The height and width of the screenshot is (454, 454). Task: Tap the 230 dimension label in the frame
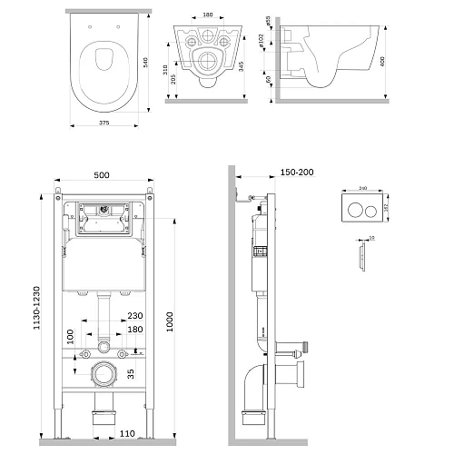(135, 315)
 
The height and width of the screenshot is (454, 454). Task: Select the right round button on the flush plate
(370, 206)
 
